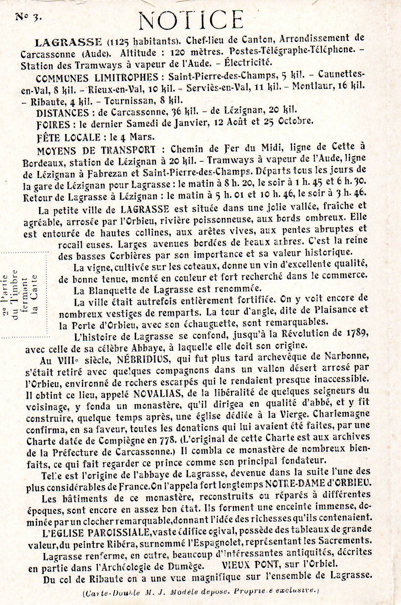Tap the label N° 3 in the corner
point(28,17)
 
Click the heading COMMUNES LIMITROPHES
point(97,78)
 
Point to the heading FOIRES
point(54,125)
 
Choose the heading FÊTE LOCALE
point(69,137)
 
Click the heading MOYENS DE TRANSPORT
point(96,150)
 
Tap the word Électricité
point(248,62)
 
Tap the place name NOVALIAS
point(157,394)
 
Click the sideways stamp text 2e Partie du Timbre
point(10,295)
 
